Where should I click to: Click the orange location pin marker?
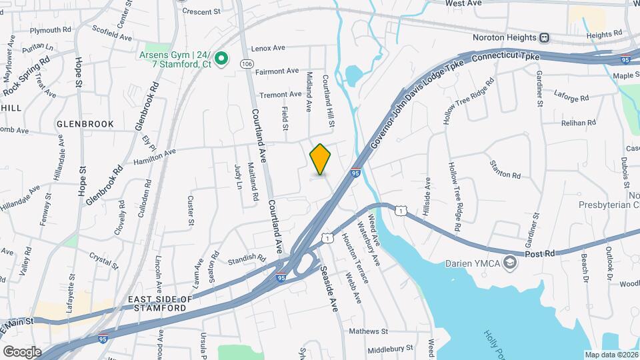point(321,159)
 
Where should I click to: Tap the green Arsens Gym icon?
point(222,59)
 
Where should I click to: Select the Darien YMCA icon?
point(511,263)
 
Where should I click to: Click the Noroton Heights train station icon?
point(545,37)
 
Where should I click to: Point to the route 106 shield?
point(247,63)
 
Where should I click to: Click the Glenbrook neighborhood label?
point(85,124)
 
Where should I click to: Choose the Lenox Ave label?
point(268,48)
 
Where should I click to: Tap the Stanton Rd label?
point(505,169)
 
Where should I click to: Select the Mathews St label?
point(369,331)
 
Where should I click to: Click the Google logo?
point(22,351)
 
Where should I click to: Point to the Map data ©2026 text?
point(611,355)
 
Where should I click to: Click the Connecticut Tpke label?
point(505,57)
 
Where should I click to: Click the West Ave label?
point(463,3)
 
